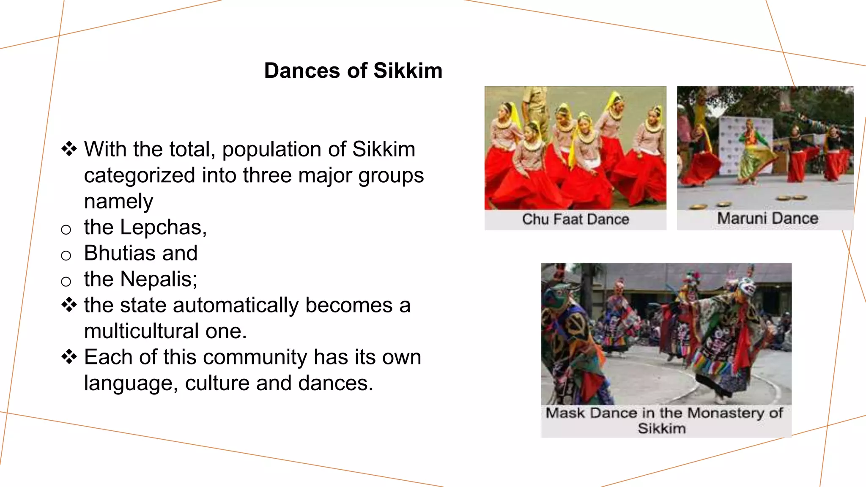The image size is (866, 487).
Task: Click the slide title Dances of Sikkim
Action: click(x=353, y=71)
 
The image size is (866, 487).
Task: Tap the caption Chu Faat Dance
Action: click(x=575, y=219)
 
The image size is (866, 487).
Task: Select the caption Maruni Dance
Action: click(x=767, y=219)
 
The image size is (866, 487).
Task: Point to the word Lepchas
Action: click(x=162, y=227)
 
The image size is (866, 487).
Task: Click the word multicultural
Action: click(x=141, y=331)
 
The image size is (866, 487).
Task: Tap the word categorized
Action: click(x=140, y=176)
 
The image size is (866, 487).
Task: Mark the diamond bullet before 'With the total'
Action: click(x=69, y=149)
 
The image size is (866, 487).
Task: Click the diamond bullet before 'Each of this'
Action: click(x=69, y=357)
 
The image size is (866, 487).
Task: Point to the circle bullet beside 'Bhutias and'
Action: click(x=66, y=255)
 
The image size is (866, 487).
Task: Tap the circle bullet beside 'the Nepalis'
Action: click(x=66, y=282)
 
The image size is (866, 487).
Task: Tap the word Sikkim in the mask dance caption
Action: click(x=661, y=429)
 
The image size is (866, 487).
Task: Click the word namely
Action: click(x=118, y=202)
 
